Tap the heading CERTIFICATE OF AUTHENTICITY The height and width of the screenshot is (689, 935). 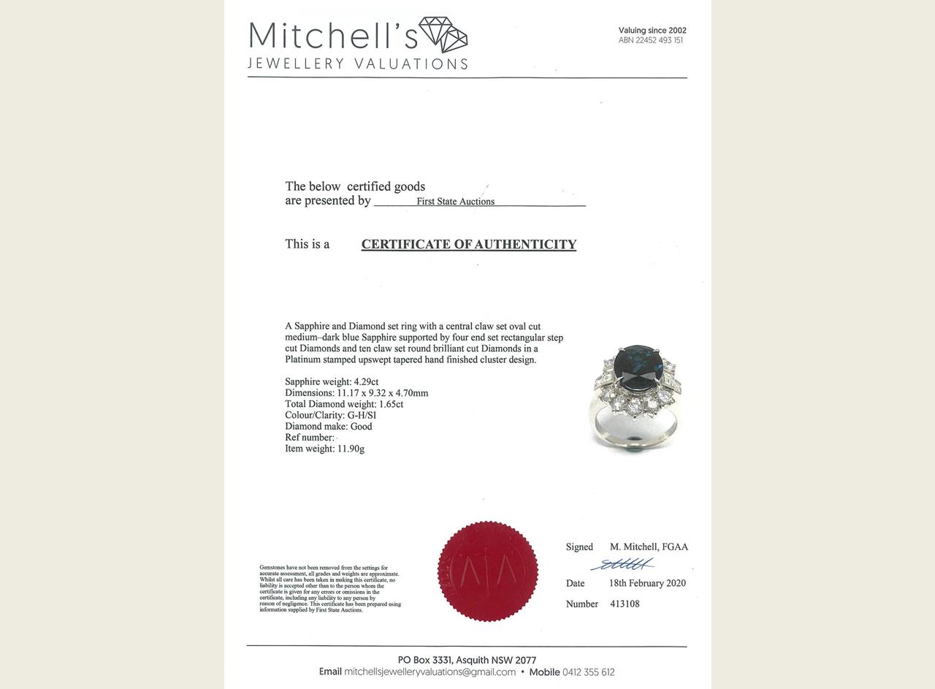point(468,245)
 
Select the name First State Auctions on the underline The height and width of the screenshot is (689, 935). point(455,202)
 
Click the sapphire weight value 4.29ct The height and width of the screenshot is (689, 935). point(366,382)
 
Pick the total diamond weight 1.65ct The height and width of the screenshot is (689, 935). point(391,404)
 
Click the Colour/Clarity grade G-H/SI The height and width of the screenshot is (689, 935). point(362,415)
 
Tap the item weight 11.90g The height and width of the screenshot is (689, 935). point(351,449)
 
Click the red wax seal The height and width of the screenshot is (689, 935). point(487,571)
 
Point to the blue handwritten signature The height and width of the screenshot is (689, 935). point(622,565)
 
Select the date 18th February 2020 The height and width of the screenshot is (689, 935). point(647,583)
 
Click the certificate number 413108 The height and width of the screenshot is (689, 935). point(625,604)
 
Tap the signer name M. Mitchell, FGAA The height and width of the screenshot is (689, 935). point(649,547)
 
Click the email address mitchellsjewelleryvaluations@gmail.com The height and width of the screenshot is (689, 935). point(430,672)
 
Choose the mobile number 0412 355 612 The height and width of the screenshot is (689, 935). point(588,672)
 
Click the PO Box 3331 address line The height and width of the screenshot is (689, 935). point(467,660)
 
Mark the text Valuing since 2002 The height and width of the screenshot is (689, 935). point(652,31)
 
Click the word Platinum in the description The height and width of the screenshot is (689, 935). point(302,359)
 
